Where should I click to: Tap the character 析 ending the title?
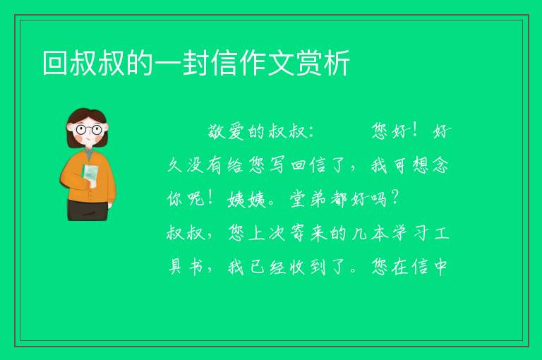click(x=337, y=63)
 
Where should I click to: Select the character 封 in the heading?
click(x=196, y=63)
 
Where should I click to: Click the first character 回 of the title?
click(x=55, y=63)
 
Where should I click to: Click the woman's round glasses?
click(x=88, y=130)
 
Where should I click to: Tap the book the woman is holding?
click(x=90, y=175)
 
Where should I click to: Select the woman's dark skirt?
click(x=88, y=210)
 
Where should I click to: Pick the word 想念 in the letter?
click(x=430, y=165)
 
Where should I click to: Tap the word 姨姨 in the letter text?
click(x=246, y=199)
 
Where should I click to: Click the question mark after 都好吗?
click(x=394, y=198)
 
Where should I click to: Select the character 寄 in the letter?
click(x=297, y=233)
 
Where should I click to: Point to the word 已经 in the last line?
click(x=267, y=267)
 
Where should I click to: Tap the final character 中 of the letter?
click(x=440, y=267)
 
